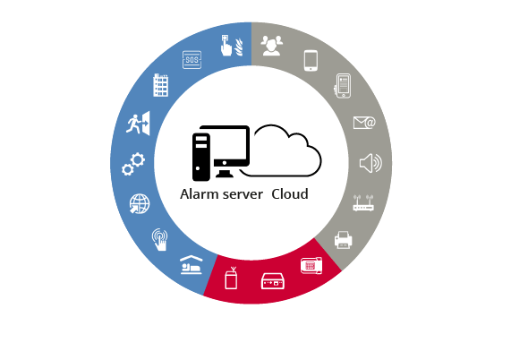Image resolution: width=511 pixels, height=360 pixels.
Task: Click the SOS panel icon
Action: coord(192,60)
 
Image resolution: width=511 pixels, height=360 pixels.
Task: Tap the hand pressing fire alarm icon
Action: coord(232,46)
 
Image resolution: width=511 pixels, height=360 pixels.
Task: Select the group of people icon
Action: coord(272,46)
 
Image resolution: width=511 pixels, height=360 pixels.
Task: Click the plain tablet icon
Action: coord(311,60)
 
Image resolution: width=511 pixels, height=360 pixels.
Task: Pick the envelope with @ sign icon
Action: coord(364,123)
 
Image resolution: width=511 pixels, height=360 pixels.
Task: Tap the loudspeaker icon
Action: coord(370,163)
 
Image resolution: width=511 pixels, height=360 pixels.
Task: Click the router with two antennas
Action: coord(363,202)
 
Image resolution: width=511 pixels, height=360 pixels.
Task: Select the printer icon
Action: coord(343,240)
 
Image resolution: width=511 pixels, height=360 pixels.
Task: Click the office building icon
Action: coord(161,85)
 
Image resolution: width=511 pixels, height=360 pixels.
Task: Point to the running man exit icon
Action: coord(138,123)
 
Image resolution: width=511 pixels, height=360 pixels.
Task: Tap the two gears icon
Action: coord(133,164)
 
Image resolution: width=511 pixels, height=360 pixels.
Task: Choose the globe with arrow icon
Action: coord(140,204)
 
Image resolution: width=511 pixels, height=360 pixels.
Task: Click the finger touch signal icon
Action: coord(160,240)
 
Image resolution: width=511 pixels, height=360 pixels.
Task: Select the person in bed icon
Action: coord(192,265)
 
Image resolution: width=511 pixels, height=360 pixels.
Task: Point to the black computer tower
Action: coord(201,157)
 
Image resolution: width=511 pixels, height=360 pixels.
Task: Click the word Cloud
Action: coord(290,194)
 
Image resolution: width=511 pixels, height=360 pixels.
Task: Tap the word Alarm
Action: coord(199,194)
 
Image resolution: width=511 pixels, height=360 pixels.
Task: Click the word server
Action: coord(243,195)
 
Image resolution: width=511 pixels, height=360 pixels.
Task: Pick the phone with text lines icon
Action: coord(343,86)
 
